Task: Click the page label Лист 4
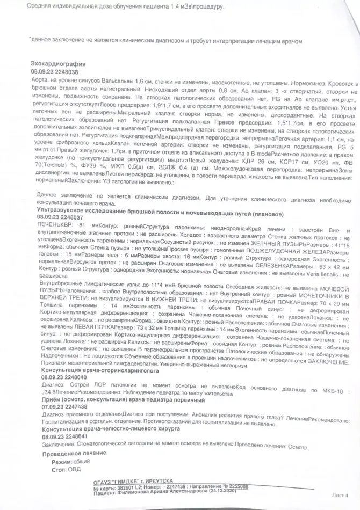[341, 496]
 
